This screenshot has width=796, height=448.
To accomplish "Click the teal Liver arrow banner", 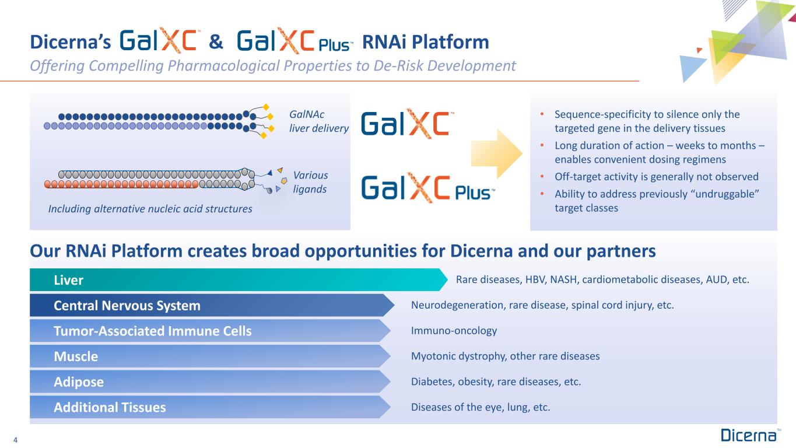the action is click(x=238, y=280).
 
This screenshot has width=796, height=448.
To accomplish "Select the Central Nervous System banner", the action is click(x=212, y=306).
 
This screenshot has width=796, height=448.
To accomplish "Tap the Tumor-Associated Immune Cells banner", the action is click(x=210, y=331).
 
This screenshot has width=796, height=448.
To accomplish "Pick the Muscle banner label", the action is click(x=76, y=356).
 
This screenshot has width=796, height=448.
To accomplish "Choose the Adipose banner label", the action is click(x=79, y=382).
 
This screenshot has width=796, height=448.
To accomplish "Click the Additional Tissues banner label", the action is click(x=110, y=408).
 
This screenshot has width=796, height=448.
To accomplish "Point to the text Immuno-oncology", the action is click(x=454, y=331).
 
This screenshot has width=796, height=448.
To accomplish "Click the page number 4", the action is click(x=15, y=440).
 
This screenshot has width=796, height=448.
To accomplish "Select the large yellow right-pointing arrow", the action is click(x=496, y=153).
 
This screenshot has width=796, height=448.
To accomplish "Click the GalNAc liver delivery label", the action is click(x=319, y=121).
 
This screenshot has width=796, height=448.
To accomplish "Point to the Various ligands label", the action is click(x=310, y=182).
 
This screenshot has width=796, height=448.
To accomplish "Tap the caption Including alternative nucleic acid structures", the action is click(x=150, y=209).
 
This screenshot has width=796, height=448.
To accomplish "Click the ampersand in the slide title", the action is click(x=216, y=41).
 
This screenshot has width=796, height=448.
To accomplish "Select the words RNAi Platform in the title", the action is click(x=425, y=42).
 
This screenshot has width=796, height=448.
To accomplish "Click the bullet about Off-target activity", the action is click(x=657, y=177).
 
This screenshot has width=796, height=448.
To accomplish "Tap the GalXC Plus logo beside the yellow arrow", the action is click(x=428, y=187).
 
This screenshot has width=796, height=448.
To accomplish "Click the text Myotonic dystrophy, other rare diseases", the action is click(x=506, y=356).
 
